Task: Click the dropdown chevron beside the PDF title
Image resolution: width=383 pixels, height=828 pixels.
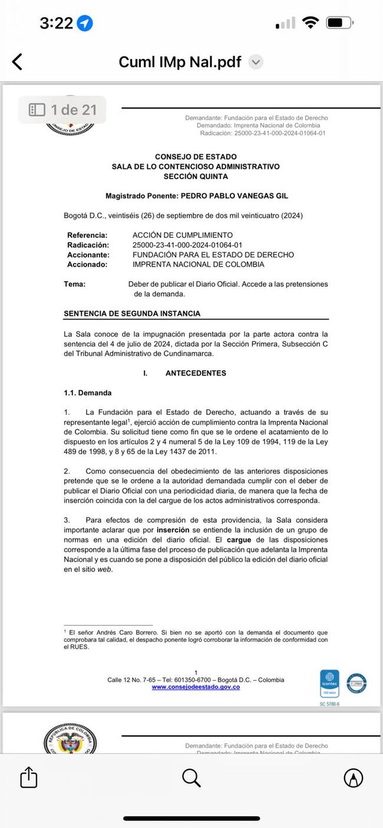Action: click(255, 62)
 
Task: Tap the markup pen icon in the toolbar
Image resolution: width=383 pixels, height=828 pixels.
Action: click(354, 778)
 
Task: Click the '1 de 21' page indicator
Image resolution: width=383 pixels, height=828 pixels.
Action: click(62, 110)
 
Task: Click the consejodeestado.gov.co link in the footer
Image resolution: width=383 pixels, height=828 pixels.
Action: click(196, 687)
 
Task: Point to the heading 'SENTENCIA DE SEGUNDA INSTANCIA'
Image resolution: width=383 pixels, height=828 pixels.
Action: click(132, 314)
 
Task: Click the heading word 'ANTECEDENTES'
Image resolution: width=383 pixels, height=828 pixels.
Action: click(196, 373)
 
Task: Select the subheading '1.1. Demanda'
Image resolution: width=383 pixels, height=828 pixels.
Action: click(88, 392)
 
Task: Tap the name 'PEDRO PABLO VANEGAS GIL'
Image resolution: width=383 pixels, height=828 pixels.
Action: click(234, 196)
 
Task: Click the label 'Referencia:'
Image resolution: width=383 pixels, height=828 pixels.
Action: click(87, 235)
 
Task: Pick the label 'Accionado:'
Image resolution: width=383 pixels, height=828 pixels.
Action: click(87, 265)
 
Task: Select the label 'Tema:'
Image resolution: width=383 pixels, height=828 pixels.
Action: click(75, 284)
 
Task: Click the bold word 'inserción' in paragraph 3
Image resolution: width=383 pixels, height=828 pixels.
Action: click(173, 530)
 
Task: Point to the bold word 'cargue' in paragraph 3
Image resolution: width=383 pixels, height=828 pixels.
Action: click(239, 540)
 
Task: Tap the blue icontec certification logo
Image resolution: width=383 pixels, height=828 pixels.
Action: click(329, 685)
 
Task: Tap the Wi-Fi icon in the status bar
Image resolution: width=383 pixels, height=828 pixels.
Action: click(310, 23)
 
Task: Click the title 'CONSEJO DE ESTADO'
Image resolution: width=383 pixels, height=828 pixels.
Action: click(196, 157)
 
